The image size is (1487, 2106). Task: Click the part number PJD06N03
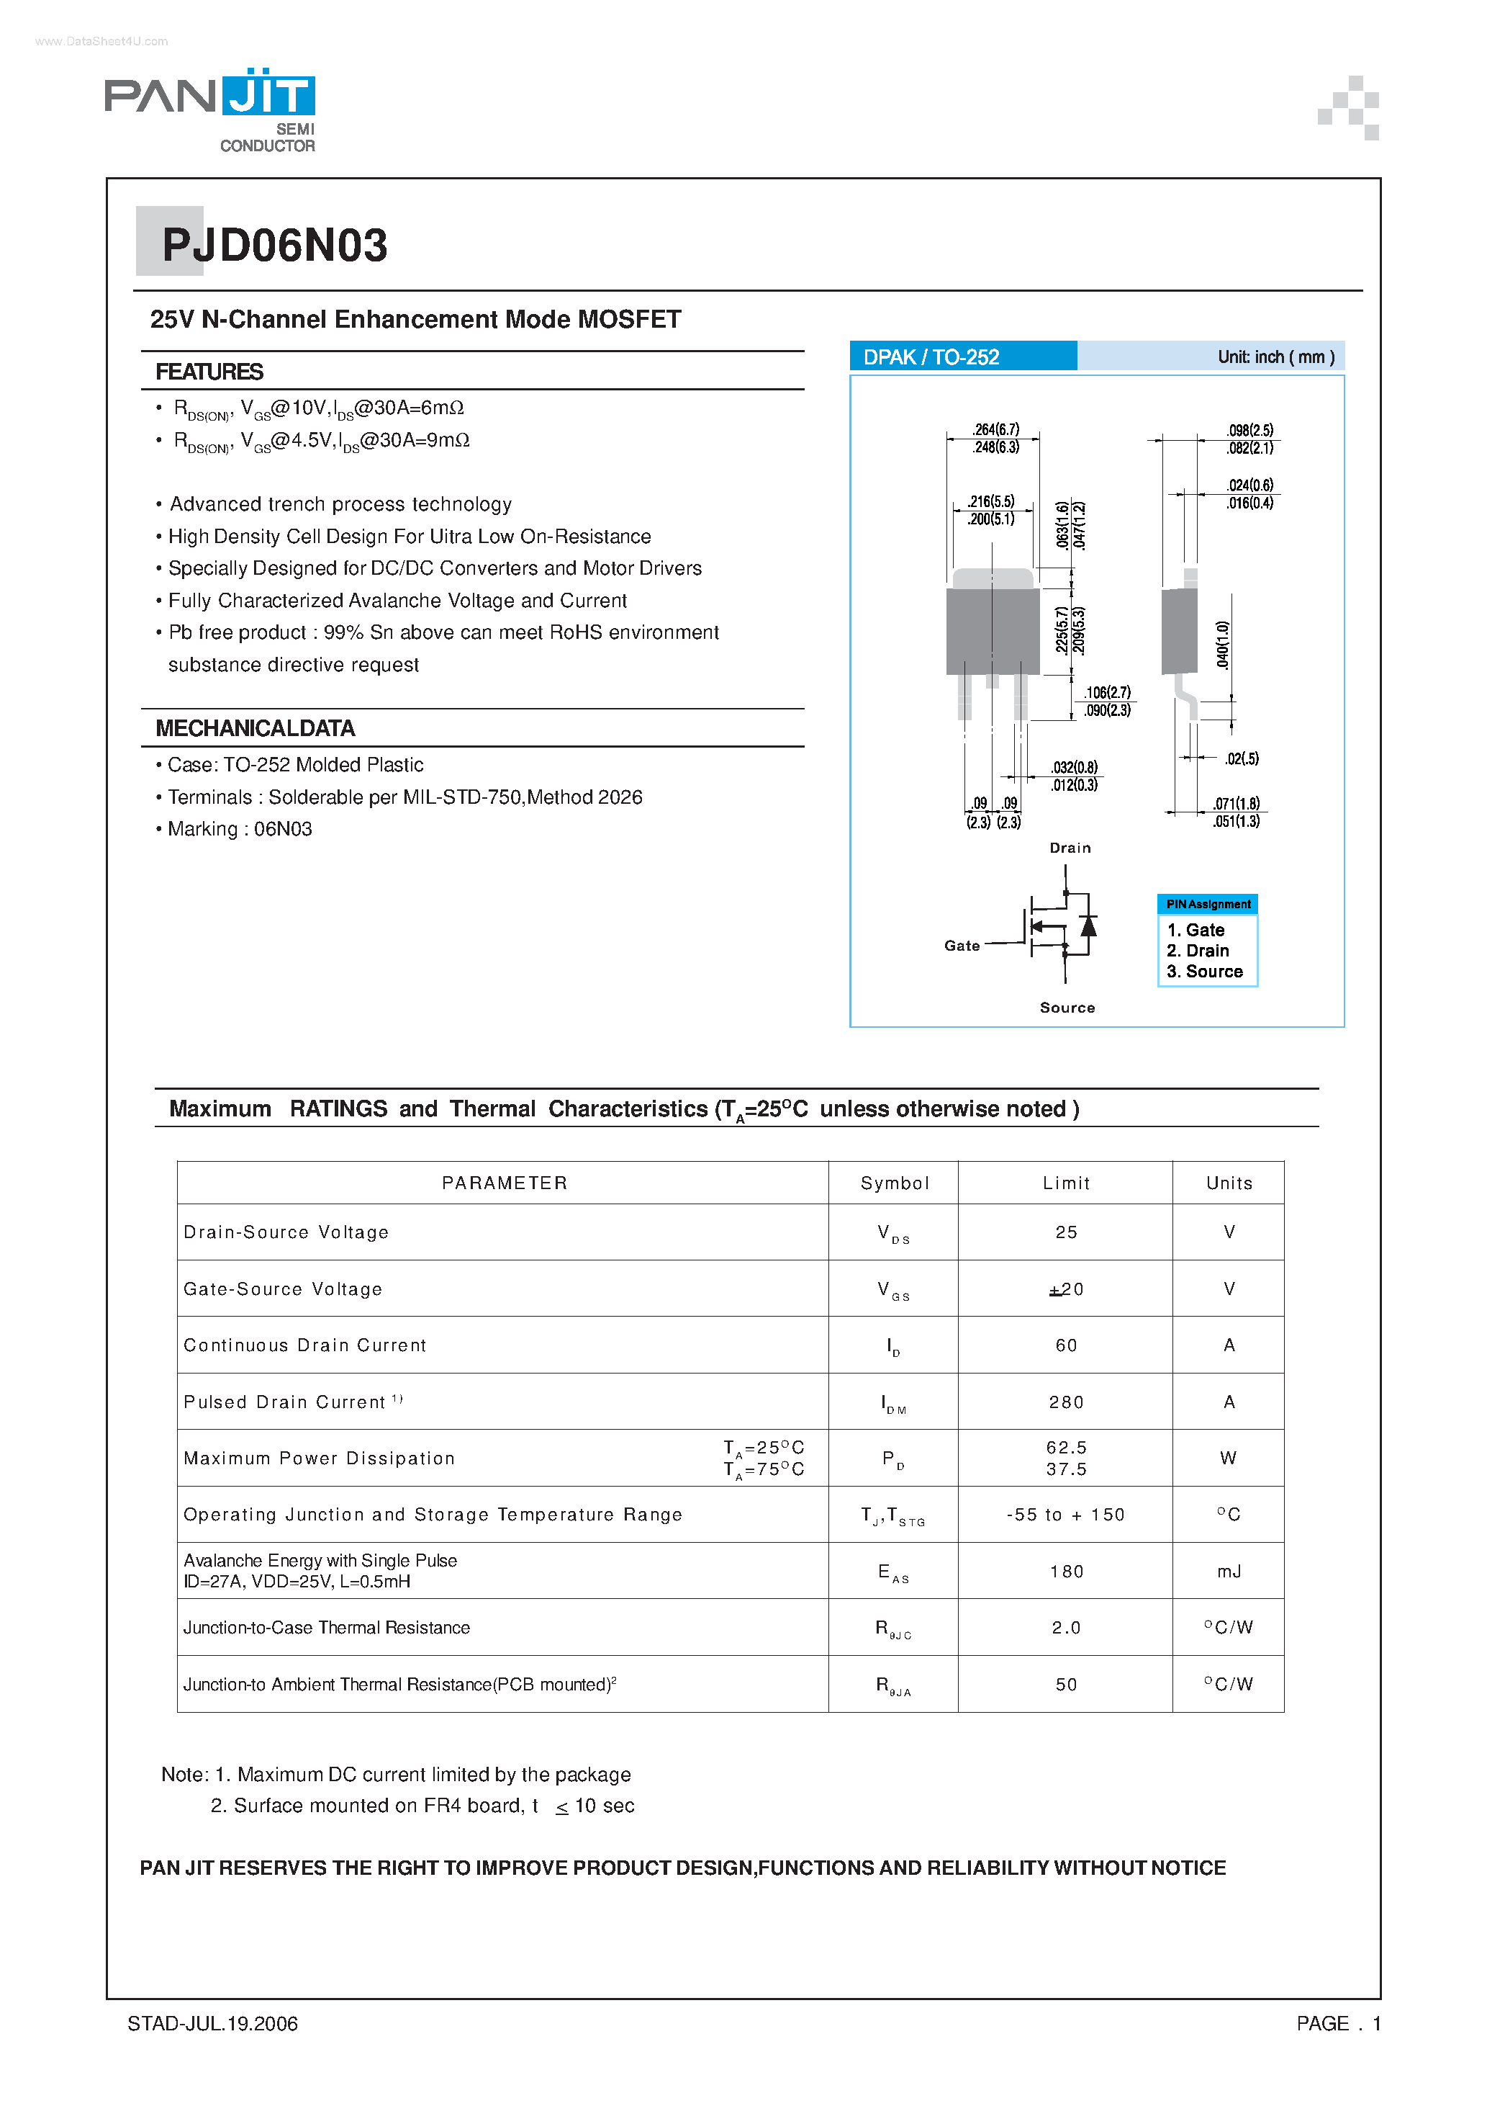tap(274, 246)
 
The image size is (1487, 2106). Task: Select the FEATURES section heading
tap(209, 372)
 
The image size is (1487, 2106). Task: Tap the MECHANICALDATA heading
tap(255, 728)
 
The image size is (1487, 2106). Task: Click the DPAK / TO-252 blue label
tap(931, 357)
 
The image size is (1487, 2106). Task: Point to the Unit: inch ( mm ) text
tap(1275, 357)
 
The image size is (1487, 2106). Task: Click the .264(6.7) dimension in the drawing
tap(995, 429)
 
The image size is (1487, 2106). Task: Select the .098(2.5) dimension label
tap(1249, 430)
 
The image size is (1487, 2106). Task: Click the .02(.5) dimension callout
tap(1242, 758)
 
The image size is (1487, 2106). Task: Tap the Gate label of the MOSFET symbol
tap(962, 946)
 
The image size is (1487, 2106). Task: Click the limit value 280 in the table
tap(1066, 1402)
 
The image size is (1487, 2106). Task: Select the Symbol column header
tap(894, 1183)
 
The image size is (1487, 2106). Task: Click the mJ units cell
tap(1229, 1572)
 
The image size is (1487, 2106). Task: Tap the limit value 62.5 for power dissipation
tap(1066, 1448)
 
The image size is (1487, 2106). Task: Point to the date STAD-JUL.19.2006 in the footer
tap(213, 2023)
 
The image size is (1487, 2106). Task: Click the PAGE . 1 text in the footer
tap(1337, 2023)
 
